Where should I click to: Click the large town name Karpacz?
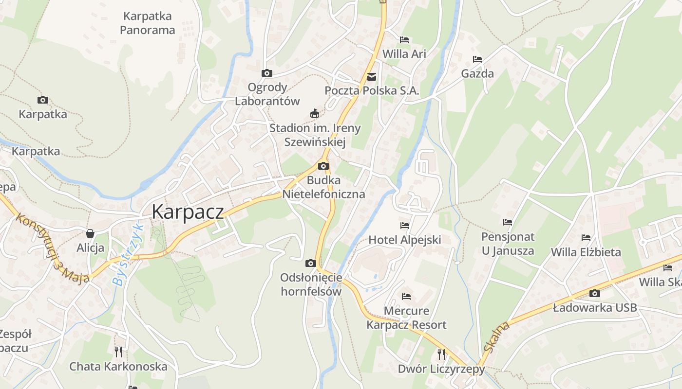point(188,212)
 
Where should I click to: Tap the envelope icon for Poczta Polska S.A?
point(372,76)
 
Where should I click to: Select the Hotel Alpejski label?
point(405,240)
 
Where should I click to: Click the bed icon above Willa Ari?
point(404,39)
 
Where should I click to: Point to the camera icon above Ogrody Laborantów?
point(267,73)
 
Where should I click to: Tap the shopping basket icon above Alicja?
point(90,233)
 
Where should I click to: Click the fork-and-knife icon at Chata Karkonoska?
point(118,352)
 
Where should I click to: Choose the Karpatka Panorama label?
point(147,23)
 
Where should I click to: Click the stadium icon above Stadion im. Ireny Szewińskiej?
point(315,114)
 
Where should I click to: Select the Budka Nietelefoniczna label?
point(323,187)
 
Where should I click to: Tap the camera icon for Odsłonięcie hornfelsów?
point(310,264)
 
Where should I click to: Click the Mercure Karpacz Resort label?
point(406,318)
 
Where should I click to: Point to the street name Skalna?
point(496,336)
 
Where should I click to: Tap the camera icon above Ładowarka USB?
point(594,293)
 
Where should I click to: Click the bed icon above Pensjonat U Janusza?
point(508,222)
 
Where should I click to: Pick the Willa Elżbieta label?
point(586,252)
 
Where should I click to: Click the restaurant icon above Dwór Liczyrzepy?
point(441,354)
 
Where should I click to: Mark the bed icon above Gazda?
point(477,59)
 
